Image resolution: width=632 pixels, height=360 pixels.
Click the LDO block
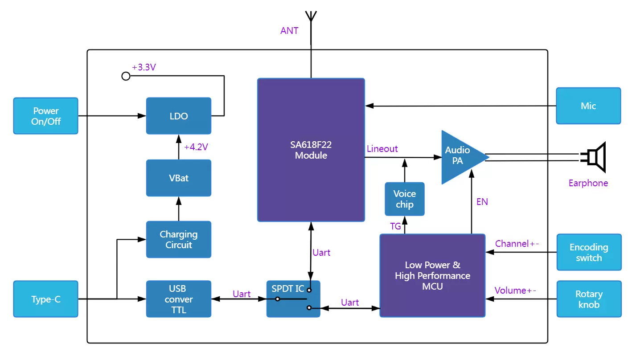178,116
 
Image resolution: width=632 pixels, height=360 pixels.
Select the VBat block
178,178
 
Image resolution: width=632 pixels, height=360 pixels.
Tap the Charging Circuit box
178,239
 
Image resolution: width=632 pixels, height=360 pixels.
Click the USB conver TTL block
178,299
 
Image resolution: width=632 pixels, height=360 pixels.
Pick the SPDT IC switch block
293,299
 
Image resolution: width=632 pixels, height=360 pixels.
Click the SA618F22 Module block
311,150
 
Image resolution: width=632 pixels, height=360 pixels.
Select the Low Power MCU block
432,275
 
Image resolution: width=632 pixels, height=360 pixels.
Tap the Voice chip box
404,199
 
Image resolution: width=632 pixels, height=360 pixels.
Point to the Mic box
588,106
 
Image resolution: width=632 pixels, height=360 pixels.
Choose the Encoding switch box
588,252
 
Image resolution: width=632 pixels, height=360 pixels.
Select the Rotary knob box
588,299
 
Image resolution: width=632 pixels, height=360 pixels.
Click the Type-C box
45,299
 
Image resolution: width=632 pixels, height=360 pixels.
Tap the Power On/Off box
45,116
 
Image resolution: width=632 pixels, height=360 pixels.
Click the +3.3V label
144,68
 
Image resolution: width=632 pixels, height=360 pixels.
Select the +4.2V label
196,147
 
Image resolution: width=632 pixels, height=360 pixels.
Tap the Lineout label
382,149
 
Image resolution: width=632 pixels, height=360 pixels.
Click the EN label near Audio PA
482,202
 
